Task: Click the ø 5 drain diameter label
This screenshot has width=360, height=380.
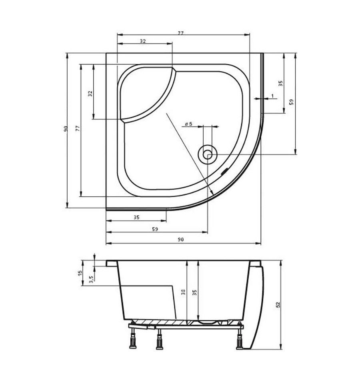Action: (x=188, y=124)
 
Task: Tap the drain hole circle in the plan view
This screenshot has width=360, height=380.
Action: (x=208, y=154)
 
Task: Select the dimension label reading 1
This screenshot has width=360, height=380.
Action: (x=272, y=96)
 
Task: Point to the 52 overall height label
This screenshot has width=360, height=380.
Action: (x=278, y=305)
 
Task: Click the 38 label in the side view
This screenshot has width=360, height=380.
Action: (x=184, y=292)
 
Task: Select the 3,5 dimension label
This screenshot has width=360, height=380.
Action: (x=91, y=279)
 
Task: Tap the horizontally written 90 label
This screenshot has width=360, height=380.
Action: (x=181, y=240)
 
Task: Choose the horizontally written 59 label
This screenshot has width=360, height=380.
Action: (x=155, y=229)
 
